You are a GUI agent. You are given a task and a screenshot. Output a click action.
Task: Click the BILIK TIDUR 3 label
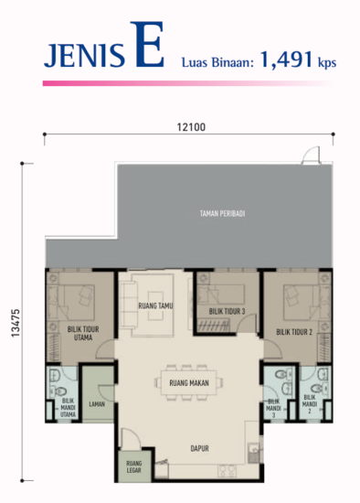click(x=228, y=311)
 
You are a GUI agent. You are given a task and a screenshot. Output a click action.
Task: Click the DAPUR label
click(x=190, y=450)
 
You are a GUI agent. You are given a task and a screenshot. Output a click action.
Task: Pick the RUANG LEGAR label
click(x=133, y=468)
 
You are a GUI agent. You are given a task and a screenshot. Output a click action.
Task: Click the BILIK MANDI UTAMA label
click(x=68, y=408)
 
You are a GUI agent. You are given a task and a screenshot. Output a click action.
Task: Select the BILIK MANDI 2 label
click(x=311, y=404)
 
